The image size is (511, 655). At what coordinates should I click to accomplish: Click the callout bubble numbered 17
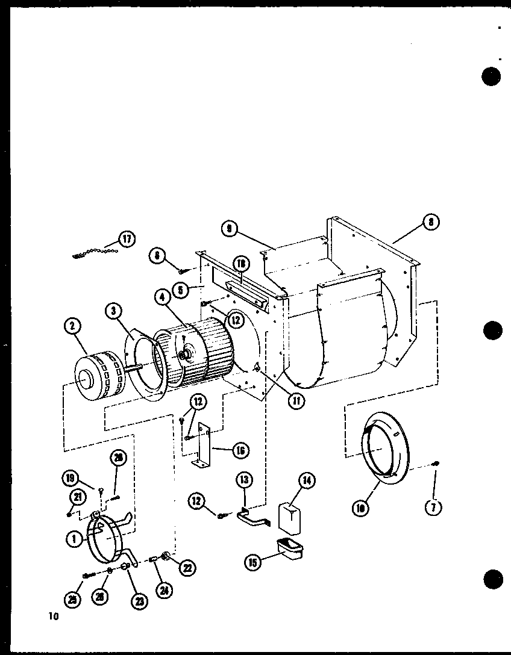pos(127,239)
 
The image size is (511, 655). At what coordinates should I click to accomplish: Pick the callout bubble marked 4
pos(162,297)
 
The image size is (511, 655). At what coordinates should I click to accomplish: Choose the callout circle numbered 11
pos(296,400)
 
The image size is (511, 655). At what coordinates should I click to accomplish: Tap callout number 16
pos(242,450)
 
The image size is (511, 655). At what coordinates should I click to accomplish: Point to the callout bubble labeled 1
pos(74,539)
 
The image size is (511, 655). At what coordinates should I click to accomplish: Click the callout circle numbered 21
pos(77,497)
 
